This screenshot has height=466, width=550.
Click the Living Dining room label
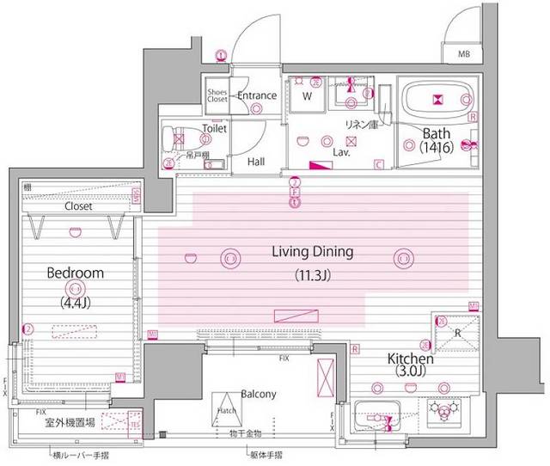click(x=313, y=253)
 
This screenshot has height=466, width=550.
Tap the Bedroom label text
click(x=75, y=273)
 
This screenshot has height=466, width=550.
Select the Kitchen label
click(x=409, y=358)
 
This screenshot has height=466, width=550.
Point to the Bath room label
click(x=437, y=132)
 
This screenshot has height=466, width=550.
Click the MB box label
click(x=464, y=53)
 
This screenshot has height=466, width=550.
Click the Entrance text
click(x=257, y=95)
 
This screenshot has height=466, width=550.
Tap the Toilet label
click(x=214, y=128)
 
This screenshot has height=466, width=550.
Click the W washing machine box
click(x=306, y=96)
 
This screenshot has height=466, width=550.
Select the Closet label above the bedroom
click(x=79, y=207)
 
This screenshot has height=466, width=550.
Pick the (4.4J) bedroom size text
click(x=75, y=302)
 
